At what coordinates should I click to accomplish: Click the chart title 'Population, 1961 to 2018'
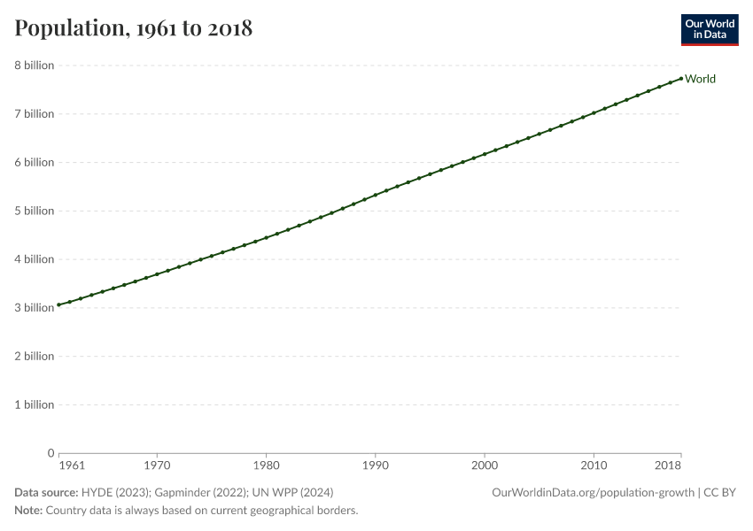coord(134,27)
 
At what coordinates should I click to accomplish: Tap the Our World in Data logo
coord(710,30)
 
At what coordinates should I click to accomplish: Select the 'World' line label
coord(700,79)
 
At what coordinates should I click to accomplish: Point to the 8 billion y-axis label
coord(34,65)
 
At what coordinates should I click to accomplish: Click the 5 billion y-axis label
coord(34,211)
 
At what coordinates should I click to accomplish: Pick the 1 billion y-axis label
coord(34,404)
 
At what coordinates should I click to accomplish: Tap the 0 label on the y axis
coord(50,453)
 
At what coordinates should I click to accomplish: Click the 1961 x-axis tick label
coord(72,466)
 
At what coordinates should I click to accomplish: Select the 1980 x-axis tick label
coord(266,466)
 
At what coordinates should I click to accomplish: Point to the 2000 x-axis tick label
coord(485,466)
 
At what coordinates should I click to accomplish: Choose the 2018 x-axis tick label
coord(668,466)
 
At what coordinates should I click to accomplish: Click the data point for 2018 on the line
coord(681,79)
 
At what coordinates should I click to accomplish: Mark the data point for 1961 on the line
coord(58,304)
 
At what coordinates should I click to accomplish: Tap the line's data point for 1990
coord(375,195)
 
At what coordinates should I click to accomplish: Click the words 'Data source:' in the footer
coord(46,492)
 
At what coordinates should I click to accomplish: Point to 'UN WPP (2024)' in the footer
coord(292,492)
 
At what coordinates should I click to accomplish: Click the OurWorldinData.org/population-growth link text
coord(593,492)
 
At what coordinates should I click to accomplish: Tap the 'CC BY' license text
coord(719,492)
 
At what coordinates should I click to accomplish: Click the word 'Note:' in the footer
coord(28,510)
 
